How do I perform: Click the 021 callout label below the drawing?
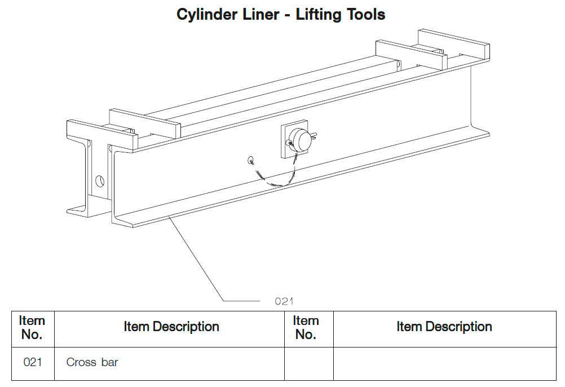click(x=284, y=301)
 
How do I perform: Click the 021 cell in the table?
click(x=33, y=363)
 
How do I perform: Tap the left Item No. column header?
click(x=32, y=328)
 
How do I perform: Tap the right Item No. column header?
click(x=306, y=328)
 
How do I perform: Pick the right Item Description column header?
click(x=444, y=327)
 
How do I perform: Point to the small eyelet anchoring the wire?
click(x=250, y=160)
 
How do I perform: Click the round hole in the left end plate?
click(x=100, y=181)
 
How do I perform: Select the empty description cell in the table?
click(x=444, y=363)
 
